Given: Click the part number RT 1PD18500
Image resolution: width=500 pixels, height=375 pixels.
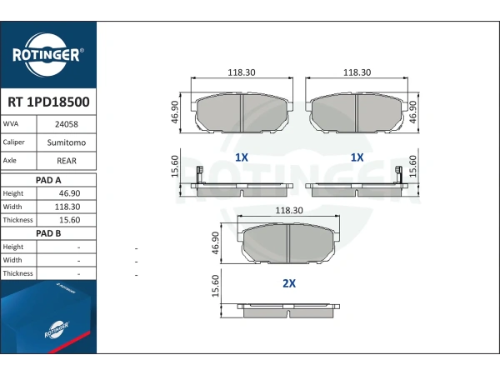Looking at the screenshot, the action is click(x=48, y=102).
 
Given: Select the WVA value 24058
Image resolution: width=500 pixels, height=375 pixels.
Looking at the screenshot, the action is click(x=67, y=124).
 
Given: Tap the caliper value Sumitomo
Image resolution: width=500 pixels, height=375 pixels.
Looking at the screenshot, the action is click(x=67, y=142).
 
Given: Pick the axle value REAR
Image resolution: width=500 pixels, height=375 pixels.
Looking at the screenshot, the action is click(x=67, y=161).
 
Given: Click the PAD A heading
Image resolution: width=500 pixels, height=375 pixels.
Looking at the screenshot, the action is click(x=48, y=180).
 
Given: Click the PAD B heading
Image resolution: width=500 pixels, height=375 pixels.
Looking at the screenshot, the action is click(x=48, y=233).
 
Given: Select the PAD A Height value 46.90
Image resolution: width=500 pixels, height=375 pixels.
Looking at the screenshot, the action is click(x=69, y=193).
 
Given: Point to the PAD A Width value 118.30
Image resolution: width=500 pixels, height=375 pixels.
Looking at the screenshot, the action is click(x=67, y=207).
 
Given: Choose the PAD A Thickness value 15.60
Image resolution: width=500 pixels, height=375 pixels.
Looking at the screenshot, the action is click(x=69, y=220).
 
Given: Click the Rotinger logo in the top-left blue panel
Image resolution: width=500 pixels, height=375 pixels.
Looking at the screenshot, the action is click(x=47, y=54).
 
